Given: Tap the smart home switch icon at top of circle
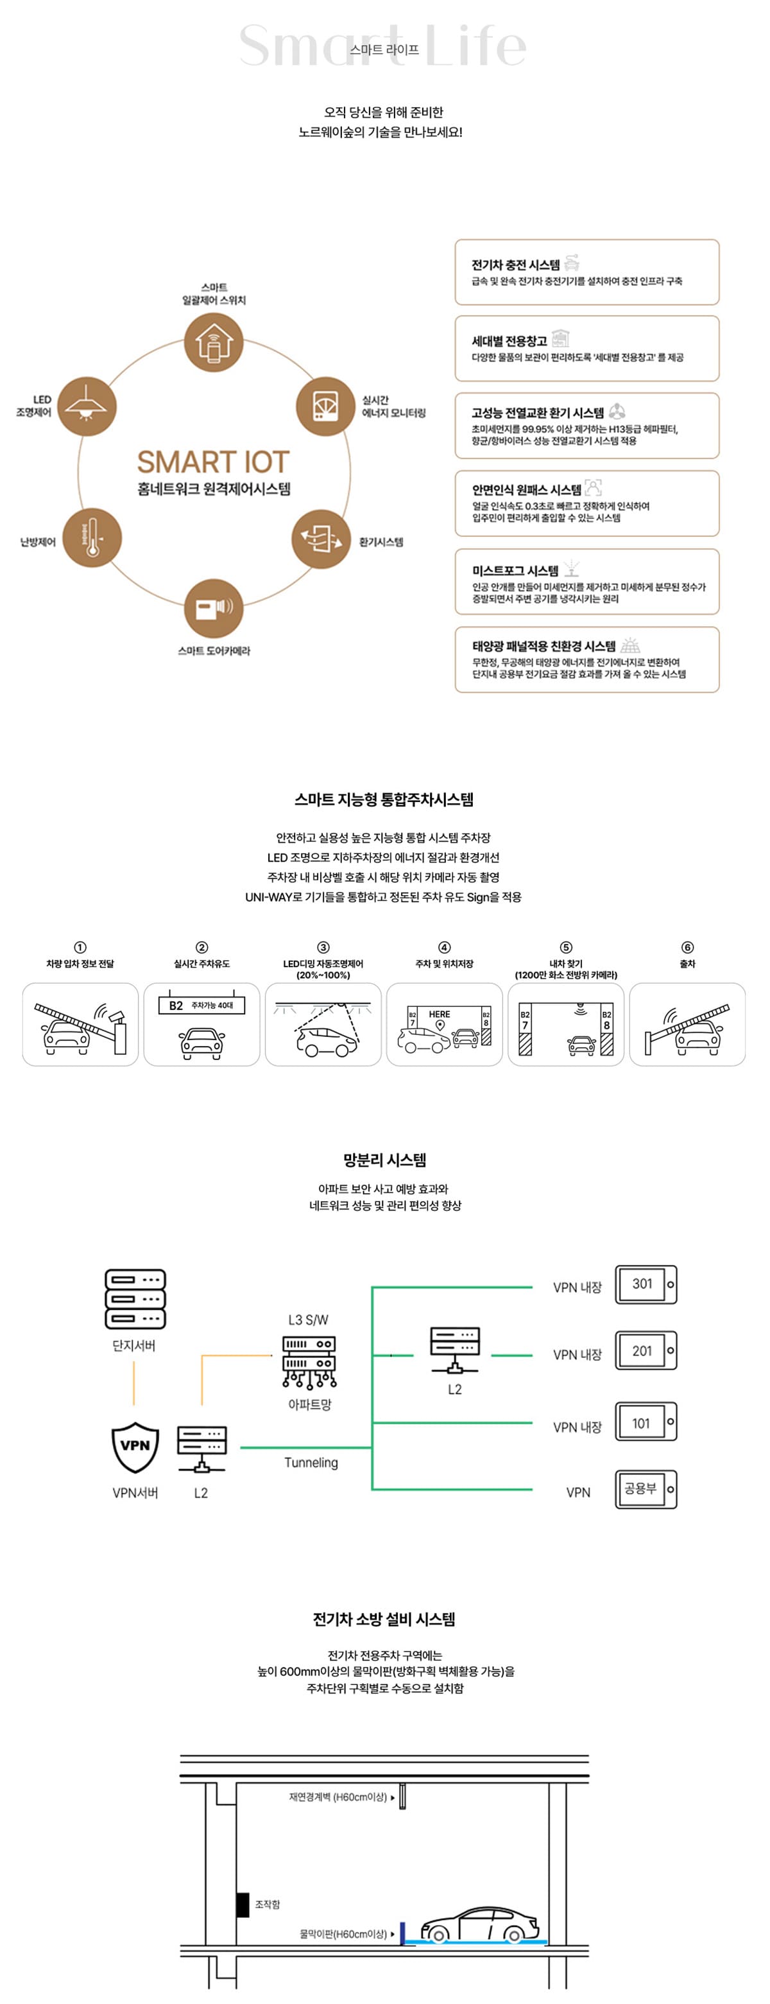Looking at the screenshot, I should [x=213, y=342].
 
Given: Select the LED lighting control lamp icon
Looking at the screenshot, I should [x=87, y=405].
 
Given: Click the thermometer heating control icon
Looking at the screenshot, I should [x=92, y=537].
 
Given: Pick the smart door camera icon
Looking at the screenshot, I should [x=213, y=607].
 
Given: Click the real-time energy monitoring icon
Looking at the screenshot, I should [x=325, y=405].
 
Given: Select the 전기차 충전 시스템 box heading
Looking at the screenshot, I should [x=515, y=265].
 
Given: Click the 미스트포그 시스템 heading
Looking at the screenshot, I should [x=515, y=570].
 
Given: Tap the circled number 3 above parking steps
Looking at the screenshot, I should [x=323, y=946].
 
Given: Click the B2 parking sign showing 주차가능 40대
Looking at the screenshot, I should [x=201, y=1005].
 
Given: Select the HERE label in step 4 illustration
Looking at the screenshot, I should [x=440, y=1014].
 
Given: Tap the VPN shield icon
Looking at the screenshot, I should [x=135, y=1447].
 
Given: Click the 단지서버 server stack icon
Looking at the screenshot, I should [x=135, y=1298].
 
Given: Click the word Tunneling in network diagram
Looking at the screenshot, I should [x=311, y=1462].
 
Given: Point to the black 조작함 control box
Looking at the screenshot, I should [x=243, y=1904].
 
